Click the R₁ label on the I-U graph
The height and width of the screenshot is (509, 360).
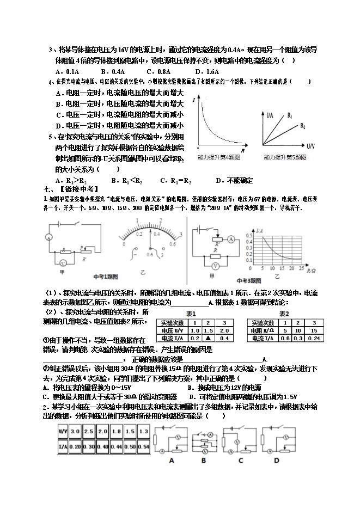(290, 116)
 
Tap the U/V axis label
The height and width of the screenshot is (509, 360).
(311, 146)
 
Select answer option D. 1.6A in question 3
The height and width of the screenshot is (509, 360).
(207, 71)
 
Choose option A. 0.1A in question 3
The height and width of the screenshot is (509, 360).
(68, 71)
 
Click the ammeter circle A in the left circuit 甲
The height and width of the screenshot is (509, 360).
(48, 237)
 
